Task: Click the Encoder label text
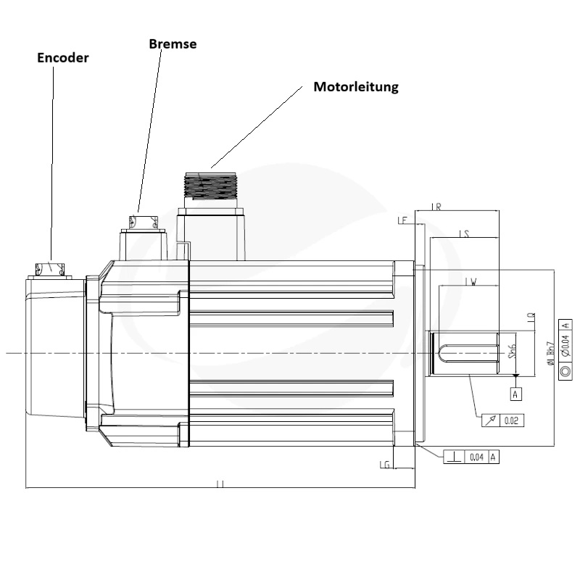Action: point(63,58)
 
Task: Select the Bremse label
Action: point(173,43)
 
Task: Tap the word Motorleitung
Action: point(356,87)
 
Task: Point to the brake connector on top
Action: point(143,221)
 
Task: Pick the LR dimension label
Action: point(436,207)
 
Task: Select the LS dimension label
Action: point(465,233)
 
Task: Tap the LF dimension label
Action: point(402,220)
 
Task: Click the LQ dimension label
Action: point(531,317)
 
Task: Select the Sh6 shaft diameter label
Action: point(512,352)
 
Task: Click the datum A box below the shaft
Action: point(515,394)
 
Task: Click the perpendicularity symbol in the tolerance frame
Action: point(455,457)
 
